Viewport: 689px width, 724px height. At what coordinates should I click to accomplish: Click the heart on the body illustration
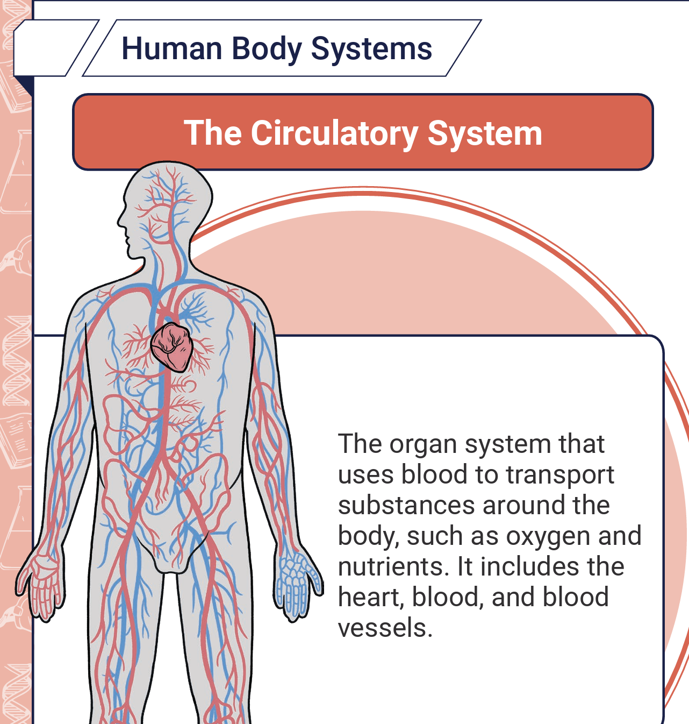point(172,347)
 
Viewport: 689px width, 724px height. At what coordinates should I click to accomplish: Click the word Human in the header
point(171,48)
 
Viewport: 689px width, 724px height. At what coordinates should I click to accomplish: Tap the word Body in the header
point(267,49)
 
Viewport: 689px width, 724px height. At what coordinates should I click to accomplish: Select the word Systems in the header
point(371,49)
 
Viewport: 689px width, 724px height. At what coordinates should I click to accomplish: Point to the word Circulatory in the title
point(334,133)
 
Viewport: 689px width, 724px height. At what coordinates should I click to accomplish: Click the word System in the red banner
point(485,133)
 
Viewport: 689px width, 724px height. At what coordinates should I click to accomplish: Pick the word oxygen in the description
point(548,537)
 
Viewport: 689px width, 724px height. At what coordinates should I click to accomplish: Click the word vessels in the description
point(385,628)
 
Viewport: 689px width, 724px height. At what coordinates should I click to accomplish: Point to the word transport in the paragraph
point(560,474)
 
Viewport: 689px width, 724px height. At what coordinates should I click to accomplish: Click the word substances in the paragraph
point(406,505)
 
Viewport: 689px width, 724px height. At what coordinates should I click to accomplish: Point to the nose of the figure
point(120,222)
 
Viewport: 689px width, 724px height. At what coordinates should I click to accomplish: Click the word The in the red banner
point(213,133)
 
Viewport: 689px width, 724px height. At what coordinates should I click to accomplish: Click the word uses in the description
point(366,474)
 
